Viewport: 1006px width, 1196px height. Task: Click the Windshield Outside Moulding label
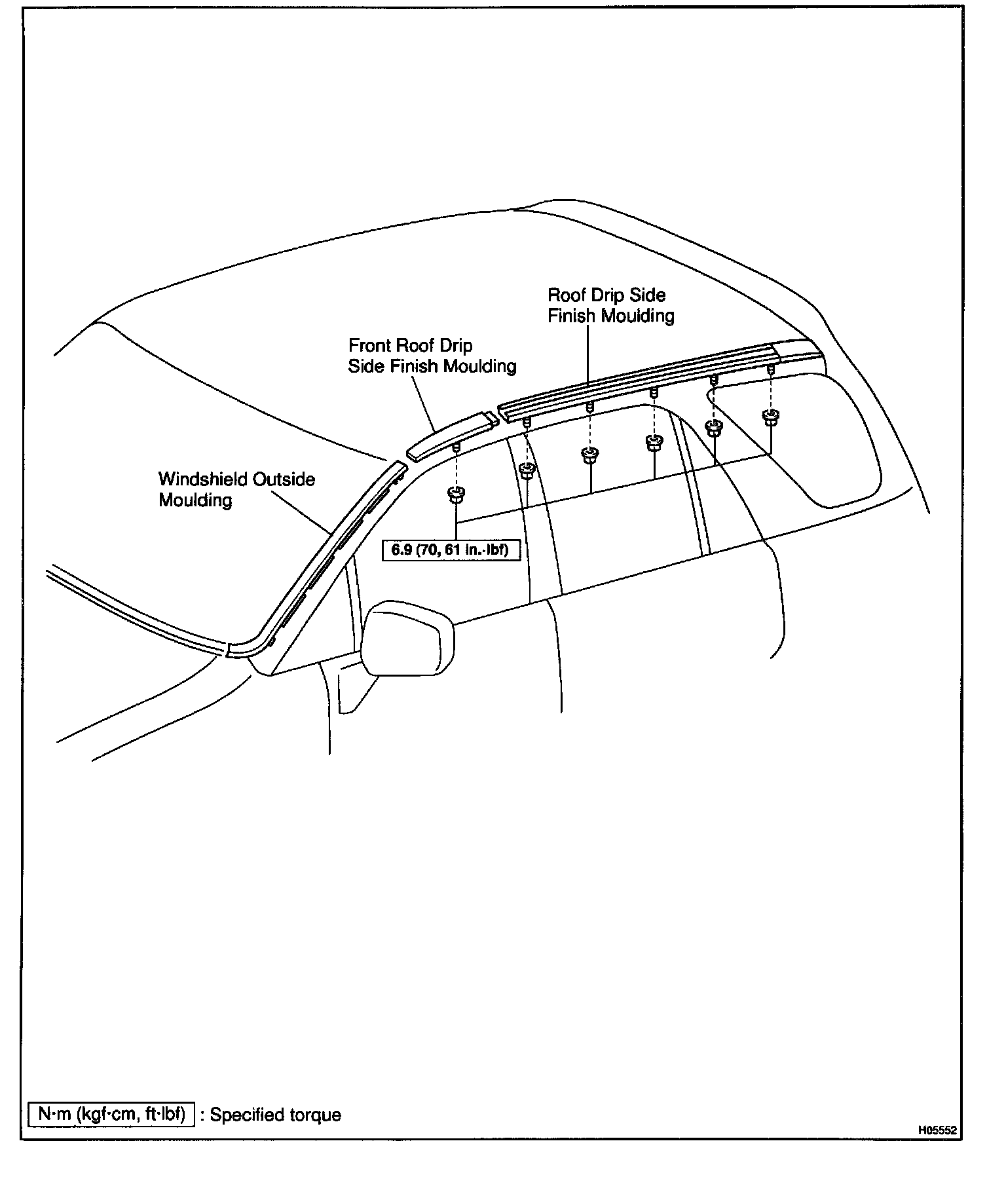[x=236, y=490]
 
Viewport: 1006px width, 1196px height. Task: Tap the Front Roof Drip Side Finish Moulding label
[x=432, y=356]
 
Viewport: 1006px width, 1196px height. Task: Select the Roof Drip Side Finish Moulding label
[x=610, y=305]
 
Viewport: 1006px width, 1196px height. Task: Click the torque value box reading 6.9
[x=449, y=550]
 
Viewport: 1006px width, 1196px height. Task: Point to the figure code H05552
[x=937, y=1130]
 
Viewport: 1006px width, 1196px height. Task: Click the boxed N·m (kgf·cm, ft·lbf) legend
[x=111, y=1114]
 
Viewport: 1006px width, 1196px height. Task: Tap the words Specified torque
[x=275, y=1115]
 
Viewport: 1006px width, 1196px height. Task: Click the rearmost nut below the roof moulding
[x=770, y=415]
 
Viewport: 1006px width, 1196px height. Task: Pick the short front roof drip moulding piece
[x=452, y=435]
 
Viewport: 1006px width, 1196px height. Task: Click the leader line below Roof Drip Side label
[x=587, y=354]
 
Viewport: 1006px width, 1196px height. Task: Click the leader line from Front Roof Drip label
[x=426, y=406]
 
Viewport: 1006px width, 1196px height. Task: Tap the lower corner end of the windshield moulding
[x=241, y=650]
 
